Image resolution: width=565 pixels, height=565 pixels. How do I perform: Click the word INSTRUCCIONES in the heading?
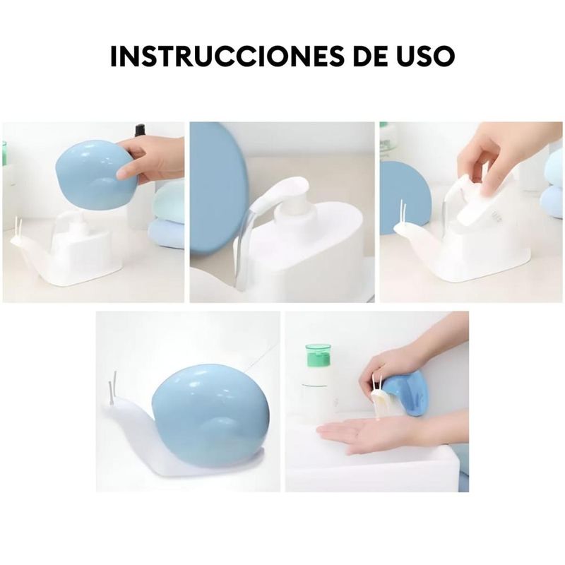(x=227, y=56)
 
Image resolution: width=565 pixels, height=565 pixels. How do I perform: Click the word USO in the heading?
(x=426, y=56)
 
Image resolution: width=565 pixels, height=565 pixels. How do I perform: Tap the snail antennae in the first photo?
(x=19, y=226)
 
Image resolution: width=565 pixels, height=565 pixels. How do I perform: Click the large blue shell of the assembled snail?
(x=210, y=414)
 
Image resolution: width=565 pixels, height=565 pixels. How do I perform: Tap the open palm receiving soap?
(x=364, y=429)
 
